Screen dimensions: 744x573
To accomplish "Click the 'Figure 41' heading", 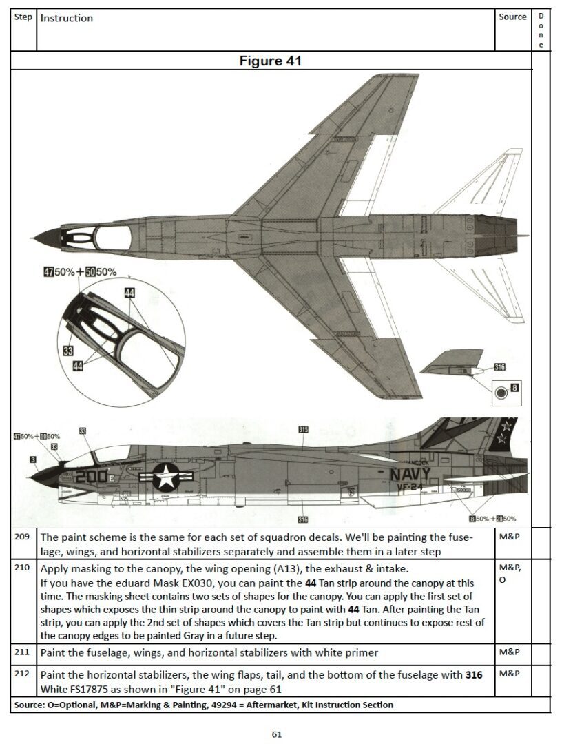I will (x=270, y=61).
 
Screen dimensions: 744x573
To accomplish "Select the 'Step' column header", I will (x=23, y=17).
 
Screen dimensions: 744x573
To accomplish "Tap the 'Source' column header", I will (x=512, y=17).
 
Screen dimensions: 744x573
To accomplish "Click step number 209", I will (x=23, y=537).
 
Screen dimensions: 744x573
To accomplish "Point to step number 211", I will (x=23, y=652).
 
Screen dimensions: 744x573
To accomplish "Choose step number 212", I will (x=23, y=674).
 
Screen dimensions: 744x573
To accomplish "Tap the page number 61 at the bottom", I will (x=277, y=734).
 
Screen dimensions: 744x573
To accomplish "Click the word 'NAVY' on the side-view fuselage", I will (x=410, y=475).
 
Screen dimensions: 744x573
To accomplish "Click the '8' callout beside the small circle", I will (x=514, y=389).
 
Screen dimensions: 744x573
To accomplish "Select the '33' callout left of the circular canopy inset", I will (x=67, y=351).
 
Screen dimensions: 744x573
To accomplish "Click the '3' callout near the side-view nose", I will (x=32, y=459).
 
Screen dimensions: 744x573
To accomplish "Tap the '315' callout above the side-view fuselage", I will (x=303, y=429).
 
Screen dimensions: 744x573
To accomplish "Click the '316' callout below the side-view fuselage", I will (x=303, y=519).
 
